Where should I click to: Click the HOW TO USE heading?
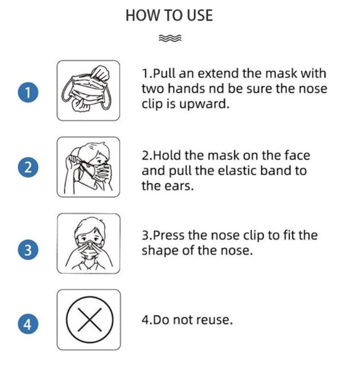click(169, 15)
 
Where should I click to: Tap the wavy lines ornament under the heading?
click(170, 38)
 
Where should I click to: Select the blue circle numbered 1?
click(28, 92)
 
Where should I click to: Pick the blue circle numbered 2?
click(28, 167)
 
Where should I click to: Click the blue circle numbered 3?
click(28, 250)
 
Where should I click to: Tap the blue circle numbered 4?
click(28, 324)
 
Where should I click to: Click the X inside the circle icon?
click(90, 320)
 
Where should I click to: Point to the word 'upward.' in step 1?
click(204, 105)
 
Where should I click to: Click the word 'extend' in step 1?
click(218, 73)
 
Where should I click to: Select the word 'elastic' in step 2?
click(237, 171)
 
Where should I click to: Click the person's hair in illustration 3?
click(89, 227)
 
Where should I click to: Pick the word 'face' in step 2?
click(297, 155)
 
